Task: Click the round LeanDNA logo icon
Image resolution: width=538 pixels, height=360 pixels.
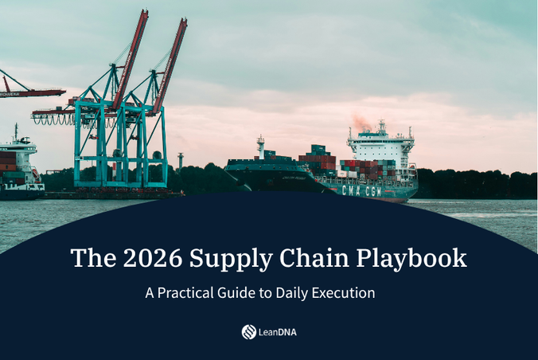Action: click(x=248, y=332)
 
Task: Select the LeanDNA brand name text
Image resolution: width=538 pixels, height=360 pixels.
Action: click(x=278, y=332)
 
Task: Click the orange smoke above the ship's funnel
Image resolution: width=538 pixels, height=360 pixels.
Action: click(x=361, y=122)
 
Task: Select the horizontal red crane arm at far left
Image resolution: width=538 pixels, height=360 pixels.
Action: click(x=32, y=92)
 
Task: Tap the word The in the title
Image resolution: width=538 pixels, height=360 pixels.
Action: click(x=87, y=258)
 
